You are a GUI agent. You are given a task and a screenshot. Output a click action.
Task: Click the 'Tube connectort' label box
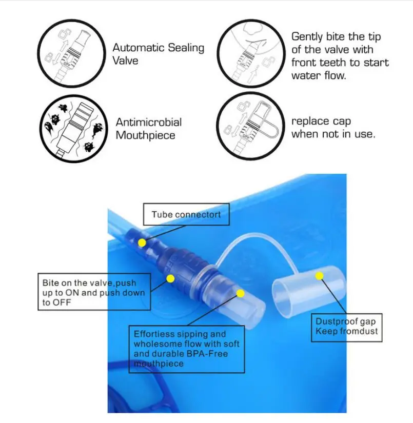point(186,214)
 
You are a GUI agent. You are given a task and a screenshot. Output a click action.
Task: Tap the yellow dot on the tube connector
point(142,243)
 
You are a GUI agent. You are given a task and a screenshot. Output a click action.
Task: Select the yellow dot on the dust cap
point(319,276)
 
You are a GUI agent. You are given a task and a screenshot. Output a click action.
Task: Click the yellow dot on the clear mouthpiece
point(240,293)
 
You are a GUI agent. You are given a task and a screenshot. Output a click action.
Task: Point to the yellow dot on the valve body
point(170,279)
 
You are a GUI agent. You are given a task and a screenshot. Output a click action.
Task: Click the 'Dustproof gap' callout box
point(347,328)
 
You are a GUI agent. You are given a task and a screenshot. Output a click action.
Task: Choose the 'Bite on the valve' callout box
point(94,292)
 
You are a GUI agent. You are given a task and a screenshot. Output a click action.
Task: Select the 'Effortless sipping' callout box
point(187,349)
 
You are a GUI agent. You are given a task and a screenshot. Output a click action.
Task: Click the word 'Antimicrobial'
point(149,122)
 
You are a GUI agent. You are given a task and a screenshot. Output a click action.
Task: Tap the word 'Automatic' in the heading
point(138,48)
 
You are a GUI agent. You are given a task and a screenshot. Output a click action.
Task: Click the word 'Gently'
point(307,37)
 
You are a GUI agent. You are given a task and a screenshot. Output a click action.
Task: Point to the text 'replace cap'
point(321,122)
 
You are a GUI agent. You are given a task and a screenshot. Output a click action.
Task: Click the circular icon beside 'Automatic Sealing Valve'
point(71,53)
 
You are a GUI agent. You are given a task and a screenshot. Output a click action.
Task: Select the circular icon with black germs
point(73,129)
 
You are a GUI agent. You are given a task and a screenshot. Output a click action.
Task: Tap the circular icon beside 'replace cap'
point(250,126)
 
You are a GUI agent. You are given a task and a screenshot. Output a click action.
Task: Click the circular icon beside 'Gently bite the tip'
point(251,53)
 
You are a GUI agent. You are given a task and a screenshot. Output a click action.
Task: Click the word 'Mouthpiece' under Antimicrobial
point(146,135)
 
